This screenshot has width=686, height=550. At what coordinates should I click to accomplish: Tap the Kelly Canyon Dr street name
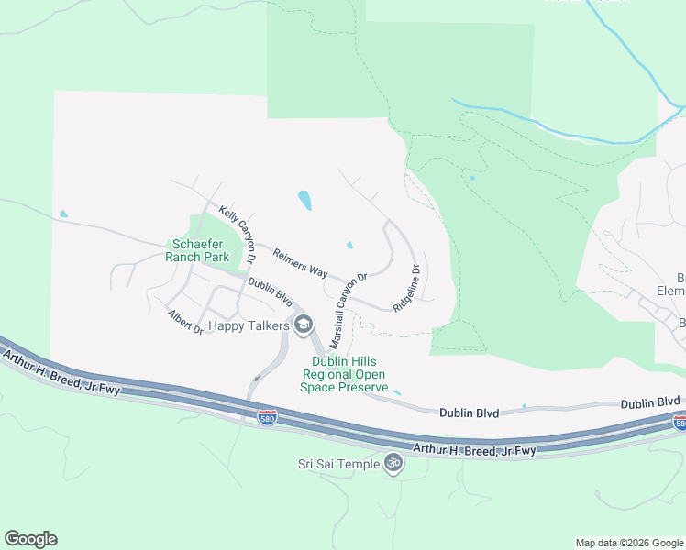[x=237, y=235]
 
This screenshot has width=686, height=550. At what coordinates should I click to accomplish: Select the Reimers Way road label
[x=301, y=264]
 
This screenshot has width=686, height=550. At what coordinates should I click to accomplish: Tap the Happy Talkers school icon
[x=303, y=324]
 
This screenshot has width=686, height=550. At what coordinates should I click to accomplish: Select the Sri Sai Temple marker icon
[x=393, y=464]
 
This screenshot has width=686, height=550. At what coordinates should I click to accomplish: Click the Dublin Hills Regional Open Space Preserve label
[x=344, y=374]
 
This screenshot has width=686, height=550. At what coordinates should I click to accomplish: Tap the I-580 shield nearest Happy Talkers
[x=267, y=417]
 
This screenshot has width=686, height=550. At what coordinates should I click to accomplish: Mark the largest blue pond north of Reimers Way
[x=304, y=199]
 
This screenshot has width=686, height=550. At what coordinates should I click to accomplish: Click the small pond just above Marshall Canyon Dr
[x=349, y=245]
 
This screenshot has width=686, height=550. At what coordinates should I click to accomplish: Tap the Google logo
[x=30, y=539]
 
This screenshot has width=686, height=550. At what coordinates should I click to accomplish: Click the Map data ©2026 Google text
[x=628, y=543]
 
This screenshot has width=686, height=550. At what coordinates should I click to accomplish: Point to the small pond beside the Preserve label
[x=396, y=391]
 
